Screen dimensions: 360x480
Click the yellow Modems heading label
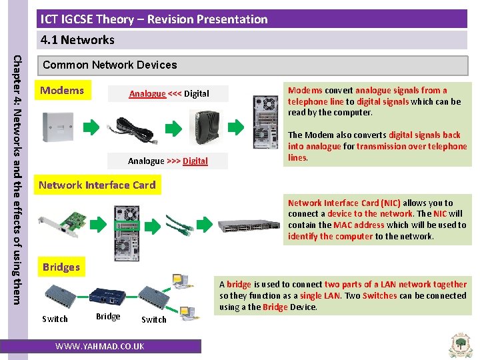click(62, 91)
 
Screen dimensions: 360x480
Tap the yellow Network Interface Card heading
click(97, 185)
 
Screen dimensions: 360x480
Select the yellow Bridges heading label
click(61, 267)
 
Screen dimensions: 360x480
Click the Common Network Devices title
click(109, 65)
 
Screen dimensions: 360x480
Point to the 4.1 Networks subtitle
click(77, 40)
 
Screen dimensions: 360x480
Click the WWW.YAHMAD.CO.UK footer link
click(100, 347)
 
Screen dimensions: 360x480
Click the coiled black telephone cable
click(136, 129)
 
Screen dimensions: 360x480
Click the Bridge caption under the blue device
click(108, 317)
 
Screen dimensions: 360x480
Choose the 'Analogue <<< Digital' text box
click(169, 94)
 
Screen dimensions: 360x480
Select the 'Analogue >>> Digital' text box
click(168, 161)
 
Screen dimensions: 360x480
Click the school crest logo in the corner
click(459, 344)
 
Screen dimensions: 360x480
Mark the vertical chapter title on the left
click(19, 170)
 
